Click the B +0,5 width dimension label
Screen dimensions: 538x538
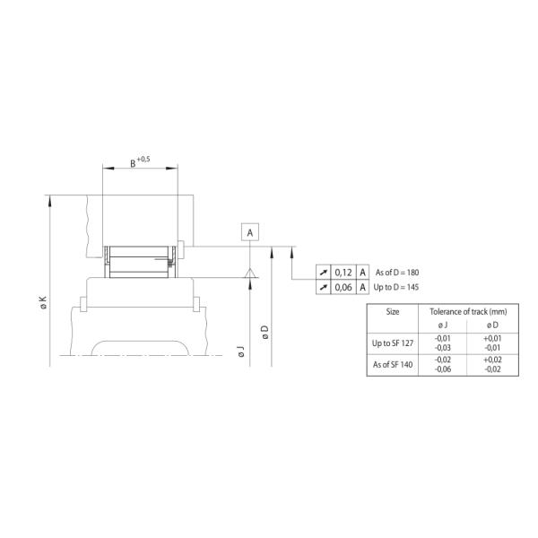click(139, 161)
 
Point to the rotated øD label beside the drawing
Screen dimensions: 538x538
click(265, 330)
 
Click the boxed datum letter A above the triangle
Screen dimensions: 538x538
click(251, 232)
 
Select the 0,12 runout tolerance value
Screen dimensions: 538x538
click(343, 272)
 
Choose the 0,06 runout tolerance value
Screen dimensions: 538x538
click(343, 287)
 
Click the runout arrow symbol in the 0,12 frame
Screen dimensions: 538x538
click(323, 272)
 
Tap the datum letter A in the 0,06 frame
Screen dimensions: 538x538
click(363, 287)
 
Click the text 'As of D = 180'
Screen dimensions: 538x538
click(397, 272)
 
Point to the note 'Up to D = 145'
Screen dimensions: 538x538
click(397, 287)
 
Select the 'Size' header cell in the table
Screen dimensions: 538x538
click(393, 311)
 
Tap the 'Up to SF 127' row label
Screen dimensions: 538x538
click(393, 343)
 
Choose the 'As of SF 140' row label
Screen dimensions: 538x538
click(393, 364)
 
